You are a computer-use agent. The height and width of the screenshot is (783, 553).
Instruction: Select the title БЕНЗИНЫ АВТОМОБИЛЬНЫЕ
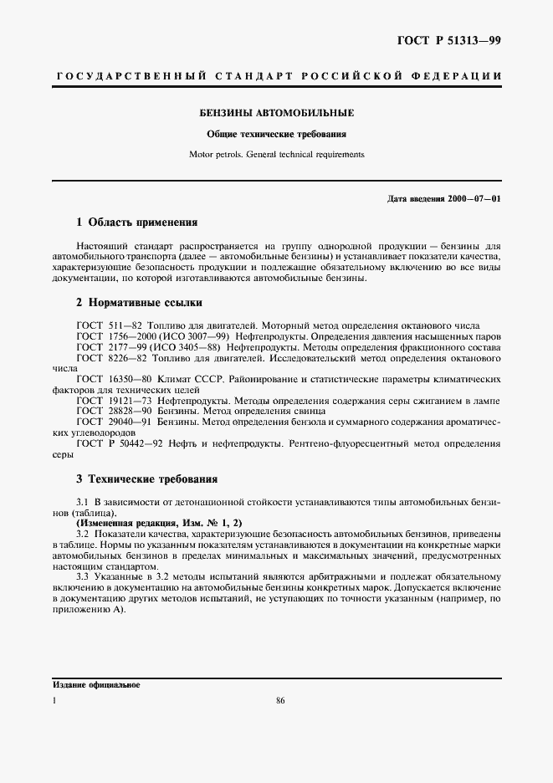tap(276, 112)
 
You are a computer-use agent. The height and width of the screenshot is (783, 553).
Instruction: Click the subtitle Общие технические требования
tap(276, 134)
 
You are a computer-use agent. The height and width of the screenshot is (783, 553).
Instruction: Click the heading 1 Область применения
tap(136, 223)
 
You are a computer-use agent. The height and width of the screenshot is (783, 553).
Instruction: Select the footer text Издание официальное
tap(96, 685)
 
